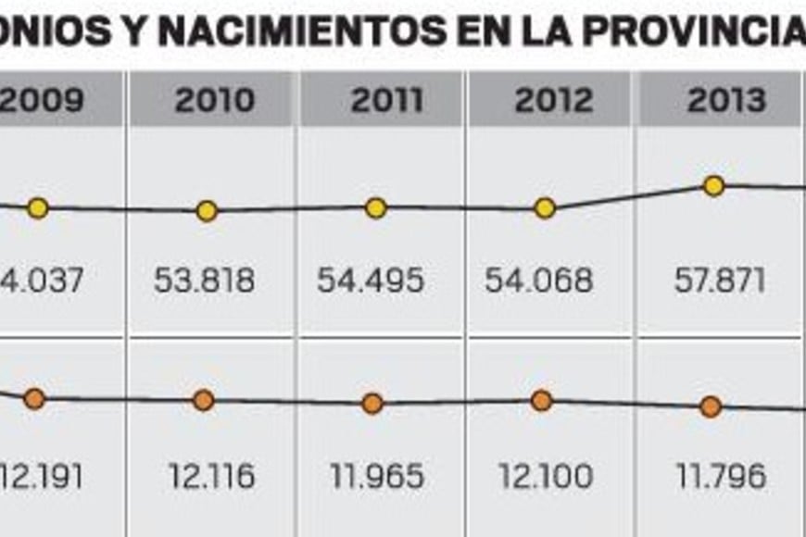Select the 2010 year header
click(x=213, y=100)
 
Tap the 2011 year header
click(x=387, y=100)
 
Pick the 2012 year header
click(x=552, y=100)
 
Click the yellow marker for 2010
click(x=208, y=211)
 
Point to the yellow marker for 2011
click(x=375, y=208)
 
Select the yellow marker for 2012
click(x=546, y=208)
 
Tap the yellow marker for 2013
click(x=713, y=186)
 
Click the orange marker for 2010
click(x=204, y=401)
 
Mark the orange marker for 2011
click(x=372, y=404)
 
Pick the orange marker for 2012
click(x=542, y=401)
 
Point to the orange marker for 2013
click(x=711, y=406)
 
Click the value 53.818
click(x=205, y=280)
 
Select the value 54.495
click(x=371, y=280)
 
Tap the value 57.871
click(x=720, y=280)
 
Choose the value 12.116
click(x=212, y=477)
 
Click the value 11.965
click(x=377, y=477)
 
